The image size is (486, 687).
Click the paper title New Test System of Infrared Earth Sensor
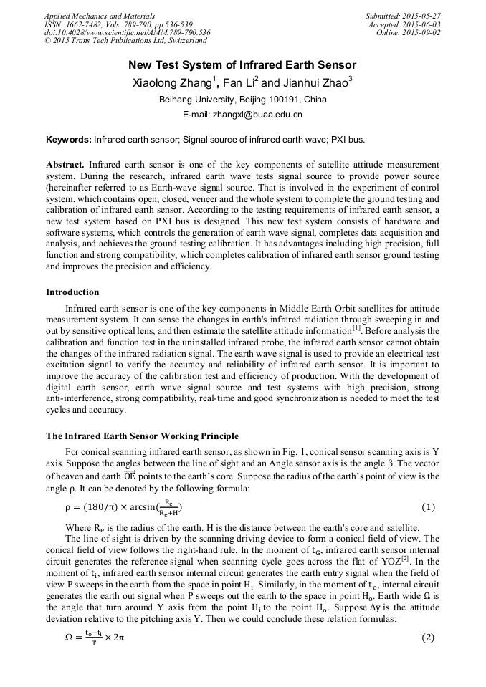coord(242,65)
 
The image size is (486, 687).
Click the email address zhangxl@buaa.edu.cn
coord(263,115)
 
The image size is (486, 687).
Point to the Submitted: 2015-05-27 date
coord(403,16)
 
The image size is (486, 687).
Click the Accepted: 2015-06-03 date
coord(404,24)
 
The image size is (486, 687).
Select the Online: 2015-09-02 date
coord(408,32)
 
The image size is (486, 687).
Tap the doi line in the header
coord(127,32)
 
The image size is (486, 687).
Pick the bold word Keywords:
coord(68,139)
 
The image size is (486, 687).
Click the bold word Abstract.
coord(65,165)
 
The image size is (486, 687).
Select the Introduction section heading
coord(72,292)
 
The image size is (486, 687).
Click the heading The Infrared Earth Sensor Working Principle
coord(142,436)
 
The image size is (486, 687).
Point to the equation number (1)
coord(428,507)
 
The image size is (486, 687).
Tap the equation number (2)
coord(428,638)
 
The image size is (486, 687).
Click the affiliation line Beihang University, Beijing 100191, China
coord(242,100)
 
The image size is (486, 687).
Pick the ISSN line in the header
coord(118,24)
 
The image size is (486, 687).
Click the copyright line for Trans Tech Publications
coord(125,41)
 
